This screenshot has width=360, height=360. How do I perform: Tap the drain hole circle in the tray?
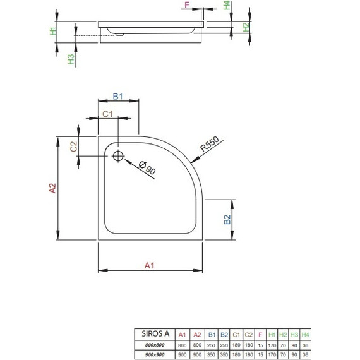[118, 156]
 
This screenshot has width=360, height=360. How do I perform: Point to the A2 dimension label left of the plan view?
[53, 188]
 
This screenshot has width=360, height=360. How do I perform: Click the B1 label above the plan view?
[117, 96]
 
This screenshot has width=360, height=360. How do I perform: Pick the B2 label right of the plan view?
[226, 220]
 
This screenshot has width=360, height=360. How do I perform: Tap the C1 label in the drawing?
[107, 114]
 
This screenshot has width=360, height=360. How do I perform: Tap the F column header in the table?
[261, 335]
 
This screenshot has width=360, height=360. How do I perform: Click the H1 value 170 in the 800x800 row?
[272, 344]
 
